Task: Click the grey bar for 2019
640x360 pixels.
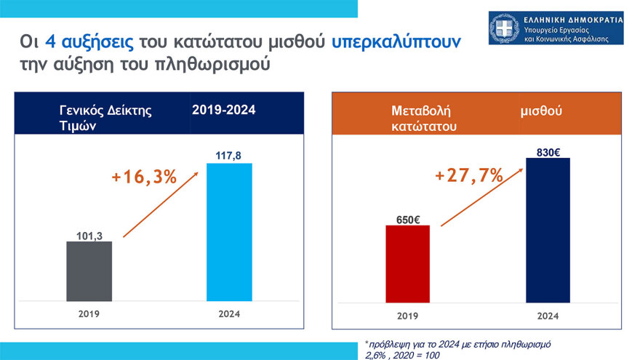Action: click(89, 271)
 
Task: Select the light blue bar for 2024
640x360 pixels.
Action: click(230, 231)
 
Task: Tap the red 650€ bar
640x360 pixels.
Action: click(407, 263)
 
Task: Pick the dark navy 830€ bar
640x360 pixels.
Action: click(548, 229)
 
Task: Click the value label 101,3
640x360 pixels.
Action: click(89, 235)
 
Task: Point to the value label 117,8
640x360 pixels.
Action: click(230, 156)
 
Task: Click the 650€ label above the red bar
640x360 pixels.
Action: click(407, 218)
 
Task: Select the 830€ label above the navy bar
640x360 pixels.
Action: click(548, 151)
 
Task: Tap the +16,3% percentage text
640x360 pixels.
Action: click(144, 177)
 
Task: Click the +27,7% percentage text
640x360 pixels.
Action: click(468, 175)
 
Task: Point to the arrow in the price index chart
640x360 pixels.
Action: click(161, 204)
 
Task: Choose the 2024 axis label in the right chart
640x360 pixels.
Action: click(548, 316)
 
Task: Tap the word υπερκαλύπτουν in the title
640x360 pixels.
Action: click(396, 42)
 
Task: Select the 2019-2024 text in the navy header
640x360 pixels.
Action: click(224, 110)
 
